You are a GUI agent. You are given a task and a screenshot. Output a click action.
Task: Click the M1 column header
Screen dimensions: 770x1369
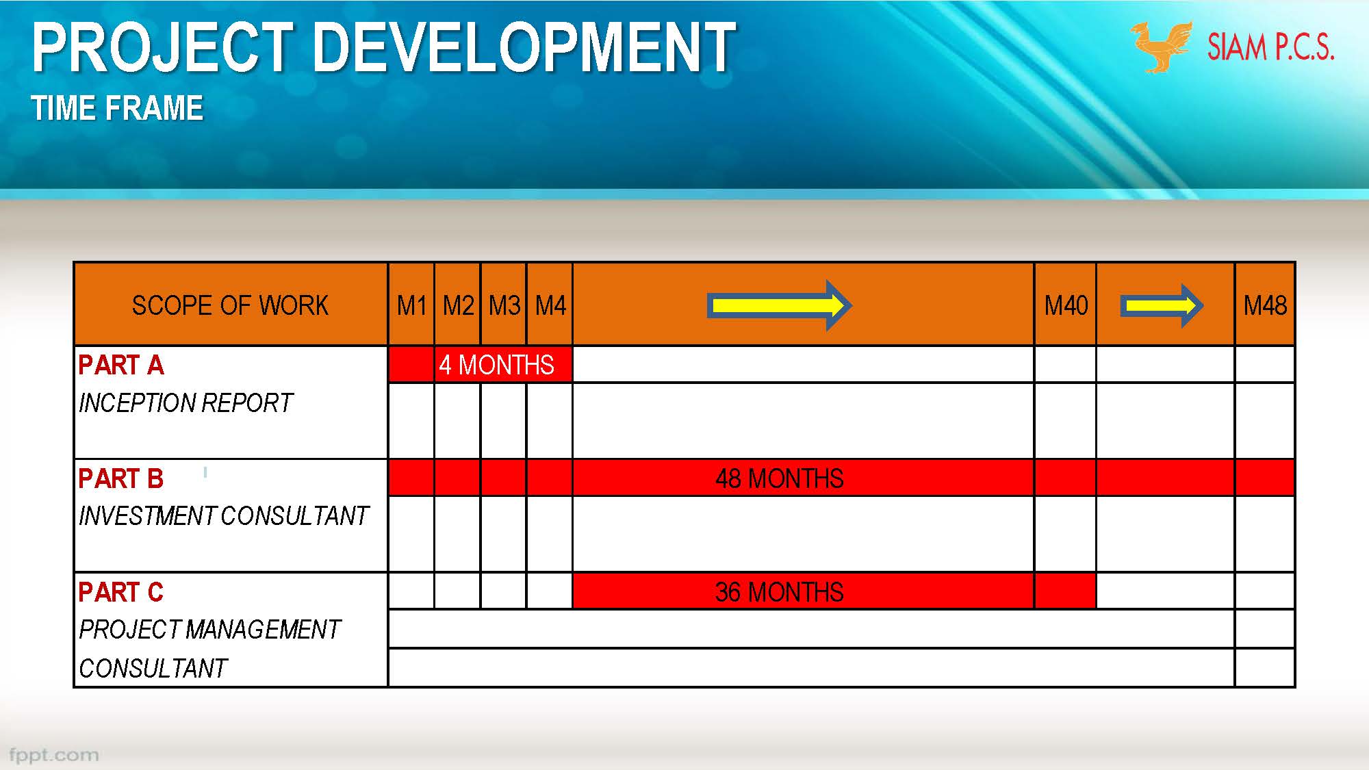click(x=411, y=305)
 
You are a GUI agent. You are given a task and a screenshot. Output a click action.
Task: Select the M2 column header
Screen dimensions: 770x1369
click(x=458, y=305)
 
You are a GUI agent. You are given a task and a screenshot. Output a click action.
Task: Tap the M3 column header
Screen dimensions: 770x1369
click(x=504, y=305)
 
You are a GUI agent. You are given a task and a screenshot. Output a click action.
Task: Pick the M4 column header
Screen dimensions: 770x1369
click(x=550, y=305)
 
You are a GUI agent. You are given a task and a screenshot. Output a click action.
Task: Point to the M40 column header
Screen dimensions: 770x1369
click(x=1066, y=305)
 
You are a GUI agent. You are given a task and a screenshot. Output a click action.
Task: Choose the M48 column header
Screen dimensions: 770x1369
click(x=1265, y=305)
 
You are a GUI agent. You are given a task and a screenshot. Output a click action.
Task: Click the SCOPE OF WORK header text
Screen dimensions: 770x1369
click(x=230, y=305)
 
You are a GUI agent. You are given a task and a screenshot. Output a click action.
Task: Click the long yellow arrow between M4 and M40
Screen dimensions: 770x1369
click(x=779, y=305)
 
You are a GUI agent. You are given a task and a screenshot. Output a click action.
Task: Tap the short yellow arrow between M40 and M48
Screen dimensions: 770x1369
click(x=1162, y=305)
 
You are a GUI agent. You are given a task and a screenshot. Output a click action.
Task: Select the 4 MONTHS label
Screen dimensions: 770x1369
click(x=496, y=365)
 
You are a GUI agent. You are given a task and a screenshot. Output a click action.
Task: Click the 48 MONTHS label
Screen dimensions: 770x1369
click(x=779, y=478)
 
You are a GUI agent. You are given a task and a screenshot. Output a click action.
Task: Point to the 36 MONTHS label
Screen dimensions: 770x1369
click(x=779, y=592)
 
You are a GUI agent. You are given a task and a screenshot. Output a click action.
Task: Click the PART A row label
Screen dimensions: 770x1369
click(x=121, y=365)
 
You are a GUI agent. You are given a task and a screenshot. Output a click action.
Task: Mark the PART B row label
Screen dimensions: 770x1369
click(x=121, y=479)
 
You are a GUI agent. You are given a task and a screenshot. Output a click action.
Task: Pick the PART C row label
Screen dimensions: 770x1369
click(x=121, y=593)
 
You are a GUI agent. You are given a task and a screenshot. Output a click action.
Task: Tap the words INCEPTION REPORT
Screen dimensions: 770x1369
click(x=186, y=403)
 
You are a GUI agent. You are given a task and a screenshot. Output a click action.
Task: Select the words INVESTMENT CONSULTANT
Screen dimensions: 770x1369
click(x=224, y=516)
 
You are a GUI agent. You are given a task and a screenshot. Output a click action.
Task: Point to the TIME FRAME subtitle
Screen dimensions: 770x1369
click(x=117, y=108)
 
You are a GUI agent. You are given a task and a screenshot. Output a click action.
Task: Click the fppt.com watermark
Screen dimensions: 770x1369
click(x=53, y=755)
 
